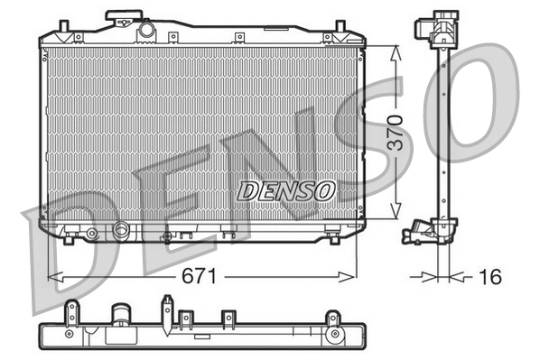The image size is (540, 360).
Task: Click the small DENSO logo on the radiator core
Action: (286, 190)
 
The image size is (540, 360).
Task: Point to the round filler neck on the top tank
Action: (145, 30)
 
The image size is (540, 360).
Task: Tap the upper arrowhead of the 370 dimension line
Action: (396, 51)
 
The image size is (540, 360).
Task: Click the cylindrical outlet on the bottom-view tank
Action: (119, 318)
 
